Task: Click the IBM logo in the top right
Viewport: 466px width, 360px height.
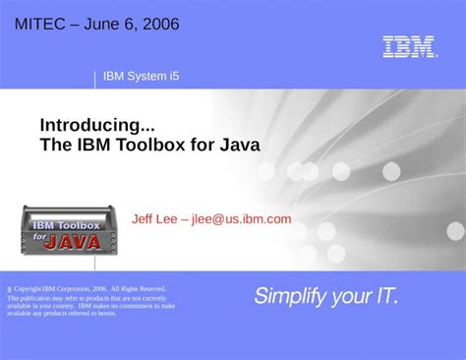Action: pos(409,47)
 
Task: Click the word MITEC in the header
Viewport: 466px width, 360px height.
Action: pos(42,24)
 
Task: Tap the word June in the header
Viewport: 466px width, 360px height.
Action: pos(104,24)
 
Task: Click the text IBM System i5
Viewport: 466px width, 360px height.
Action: pos(141,77)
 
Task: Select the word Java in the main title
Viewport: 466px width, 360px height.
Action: pos(240,146)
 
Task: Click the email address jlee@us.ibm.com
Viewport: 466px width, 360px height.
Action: pos(241,219)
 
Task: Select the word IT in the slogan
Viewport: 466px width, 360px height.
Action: pos(385,295)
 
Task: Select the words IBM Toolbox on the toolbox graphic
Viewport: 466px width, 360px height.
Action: pos(66,226)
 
